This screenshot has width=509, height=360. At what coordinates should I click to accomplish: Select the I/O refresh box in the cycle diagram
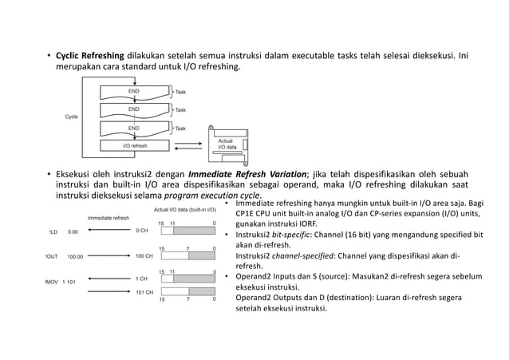tap(134, 147)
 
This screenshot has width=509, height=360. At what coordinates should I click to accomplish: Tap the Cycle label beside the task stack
tap(74, 117)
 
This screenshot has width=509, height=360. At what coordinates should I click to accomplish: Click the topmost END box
tap(134, 93)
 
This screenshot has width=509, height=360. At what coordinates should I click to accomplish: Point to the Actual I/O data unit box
tap(227, 143)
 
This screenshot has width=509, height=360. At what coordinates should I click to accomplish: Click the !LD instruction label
tap(53, 232)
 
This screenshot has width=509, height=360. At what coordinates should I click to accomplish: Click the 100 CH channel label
tap(144, 256)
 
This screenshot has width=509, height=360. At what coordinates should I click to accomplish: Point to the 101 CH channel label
tap(144, 293)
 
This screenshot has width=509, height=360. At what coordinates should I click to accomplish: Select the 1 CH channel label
tap(141, 279)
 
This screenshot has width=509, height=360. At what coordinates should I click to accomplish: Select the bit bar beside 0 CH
tap(187, 231)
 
